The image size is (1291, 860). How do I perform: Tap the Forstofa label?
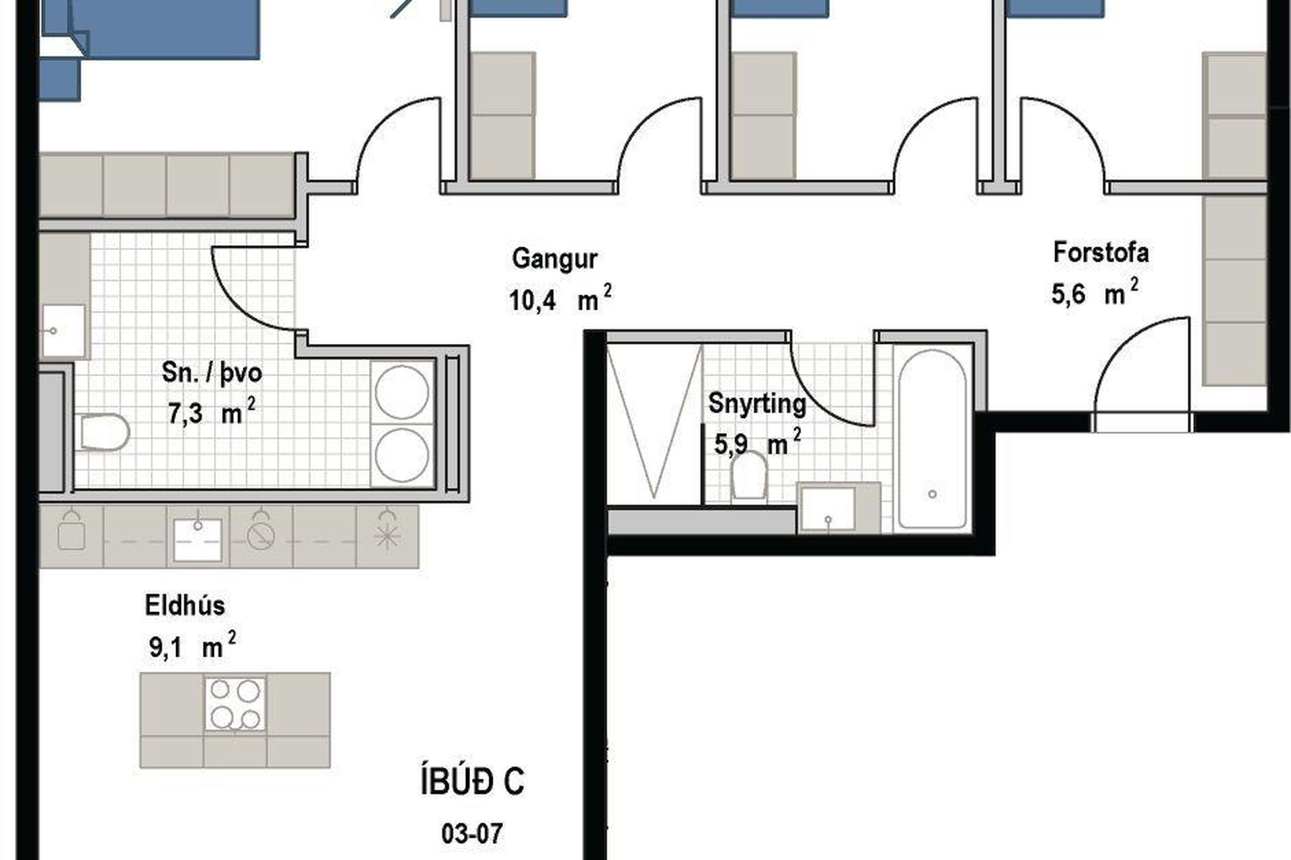pos(1101,253)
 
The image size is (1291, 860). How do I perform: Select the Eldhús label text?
pos(185,605)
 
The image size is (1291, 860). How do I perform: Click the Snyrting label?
pos(757,404)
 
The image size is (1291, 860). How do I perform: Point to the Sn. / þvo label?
pos(212,373)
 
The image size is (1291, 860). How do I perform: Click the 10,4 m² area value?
pos(560,299)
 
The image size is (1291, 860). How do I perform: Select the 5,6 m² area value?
pos(1095,293)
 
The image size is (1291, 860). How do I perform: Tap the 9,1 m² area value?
pos(192,646)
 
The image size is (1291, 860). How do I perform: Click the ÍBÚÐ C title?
pos(472,781)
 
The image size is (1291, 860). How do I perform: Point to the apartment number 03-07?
pos(472,834)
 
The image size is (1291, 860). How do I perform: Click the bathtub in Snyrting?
pos(933,439)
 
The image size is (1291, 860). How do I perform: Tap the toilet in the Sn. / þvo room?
pos(104,432)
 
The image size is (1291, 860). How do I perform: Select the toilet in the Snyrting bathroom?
pos(749,475)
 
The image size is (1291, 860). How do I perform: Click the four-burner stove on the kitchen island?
pos(235,703)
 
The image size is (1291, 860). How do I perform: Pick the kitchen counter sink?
pos(198,539)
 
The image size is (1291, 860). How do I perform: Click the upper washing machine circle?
pos(402,392)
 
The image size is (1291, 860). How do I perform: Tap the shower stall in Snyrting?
pos(654,421)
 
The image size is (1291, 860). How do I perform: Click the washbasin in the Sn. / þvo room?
pos(64,331)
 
